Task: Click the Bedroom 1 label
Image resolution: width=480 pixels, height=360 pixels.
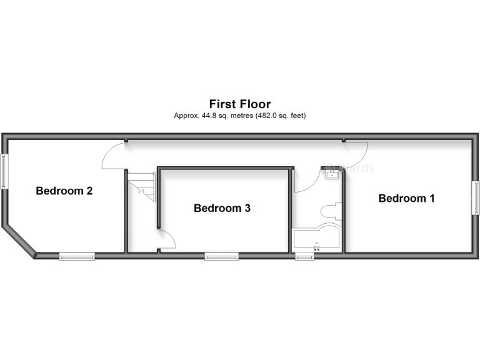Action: (x=406, y=198)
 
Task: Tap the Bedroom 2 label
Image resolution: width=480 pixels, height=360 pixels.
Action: (x=64, y=191)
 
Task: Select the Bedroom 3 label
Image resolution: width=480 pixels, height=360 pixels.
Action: (x=222, y=208)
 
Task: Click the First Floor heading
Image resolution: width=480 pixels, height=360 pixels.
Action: (x=239, y=104)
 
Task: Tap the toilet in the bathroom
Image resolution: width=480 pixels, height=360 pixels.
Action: (x=329, y=210)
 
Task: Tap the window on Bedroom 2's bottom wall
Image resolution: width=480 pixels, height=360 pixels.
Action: (x=77, y=255)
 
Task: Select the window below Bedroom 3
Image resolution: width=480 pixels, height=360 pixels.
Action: (x=221, y=255)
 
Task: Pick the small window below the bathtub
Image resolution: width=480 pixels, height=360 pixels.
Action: (x=305, y=256)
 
